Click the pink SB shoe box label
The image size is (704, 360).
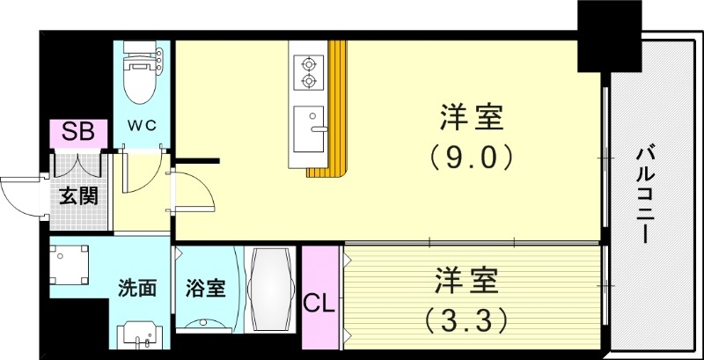click(x=78, y=134)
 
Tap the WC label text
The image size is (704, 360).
click(x=143, y=125)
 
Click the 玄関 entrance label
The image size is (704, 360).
click(x=78, y=195)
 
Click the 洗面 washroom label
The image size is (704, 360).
click(x=138, y=288)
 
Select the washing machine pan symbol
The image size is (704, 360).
click(x=70, y=265)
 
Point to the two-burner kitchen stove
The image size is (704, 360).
click(x=309, y=72)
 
